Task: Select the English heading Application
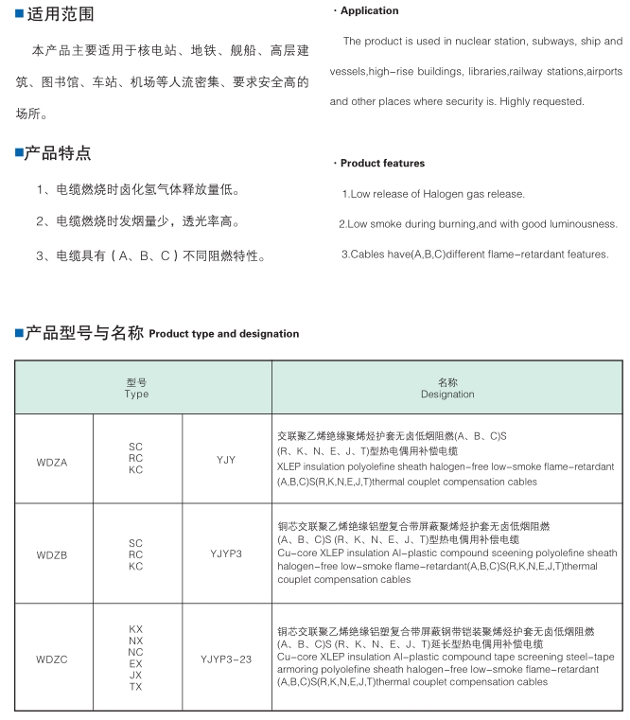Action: (369, 11)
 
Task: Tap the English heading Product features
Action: (382, 164)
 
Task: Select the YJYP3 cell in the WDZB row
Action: (226, 553)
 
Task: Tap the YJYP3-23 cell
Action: (226, 656)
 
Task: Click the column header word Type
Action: (136, 395)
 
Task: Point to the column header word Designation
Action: (447, 395)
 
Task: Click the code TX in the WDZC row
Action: (136, 685)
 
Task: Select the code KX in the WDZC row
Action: (136, 628)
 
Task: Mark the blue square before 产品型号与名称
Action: (18, 333)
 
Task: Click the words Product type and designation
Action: (224, 334)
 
